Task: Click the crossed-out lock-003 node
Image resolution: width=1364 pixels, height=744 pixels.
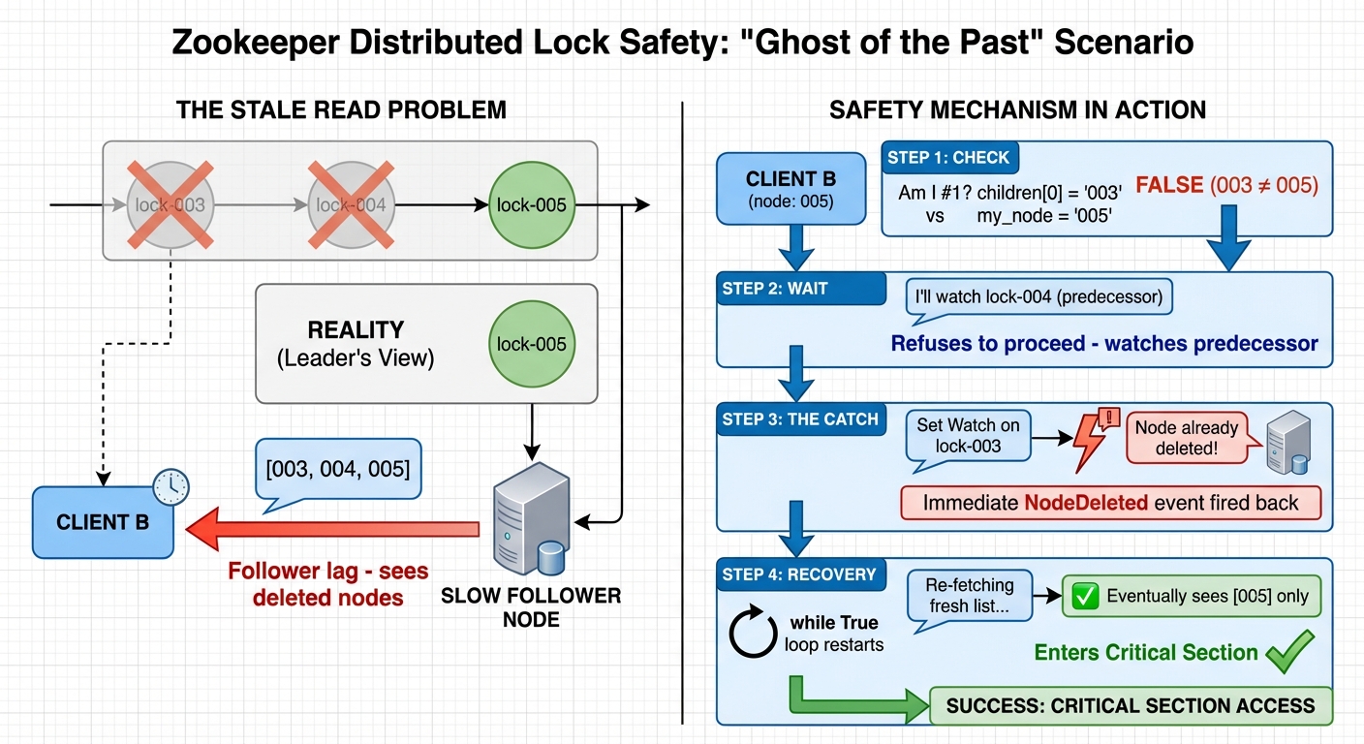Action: (171, 205)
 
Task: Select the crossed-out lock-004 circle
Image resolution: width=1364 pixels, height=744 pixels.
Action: (351, 205)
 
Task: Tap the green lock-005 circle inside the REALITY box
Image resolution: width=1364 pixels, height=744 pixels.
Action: (530, 344)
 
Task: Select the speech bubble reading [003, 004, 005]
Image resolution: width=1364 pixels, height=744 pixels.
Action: (337, 470)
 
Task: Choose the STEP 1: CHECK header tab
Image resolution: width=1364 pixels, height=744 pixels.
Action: (949, 157)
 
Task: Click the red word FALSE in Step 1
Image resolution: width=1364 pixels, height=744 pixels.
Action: (1169, 184)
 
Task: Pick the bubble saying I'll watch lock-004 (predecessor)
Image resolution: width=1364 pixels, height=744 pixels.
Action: (1038, 296)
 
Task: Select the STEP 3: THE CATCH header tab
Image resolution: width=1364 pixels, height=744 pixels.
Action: (800, 419)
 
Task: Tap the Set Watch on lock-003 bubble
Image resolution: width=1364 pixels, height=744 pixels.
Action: (969, 437)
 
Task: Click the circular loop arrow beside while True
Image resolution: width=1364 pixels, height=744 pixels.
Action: (754, 633)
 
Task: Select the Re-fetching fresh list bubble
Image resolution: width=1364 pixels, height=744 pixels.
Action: (969, 596)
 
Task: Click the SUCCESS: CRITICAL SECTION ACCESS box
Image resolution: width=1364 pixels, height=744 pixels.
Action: (1131, 705)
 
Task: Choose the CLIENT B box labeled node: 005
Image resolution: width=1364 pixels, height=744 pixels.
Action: (790, 188)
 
